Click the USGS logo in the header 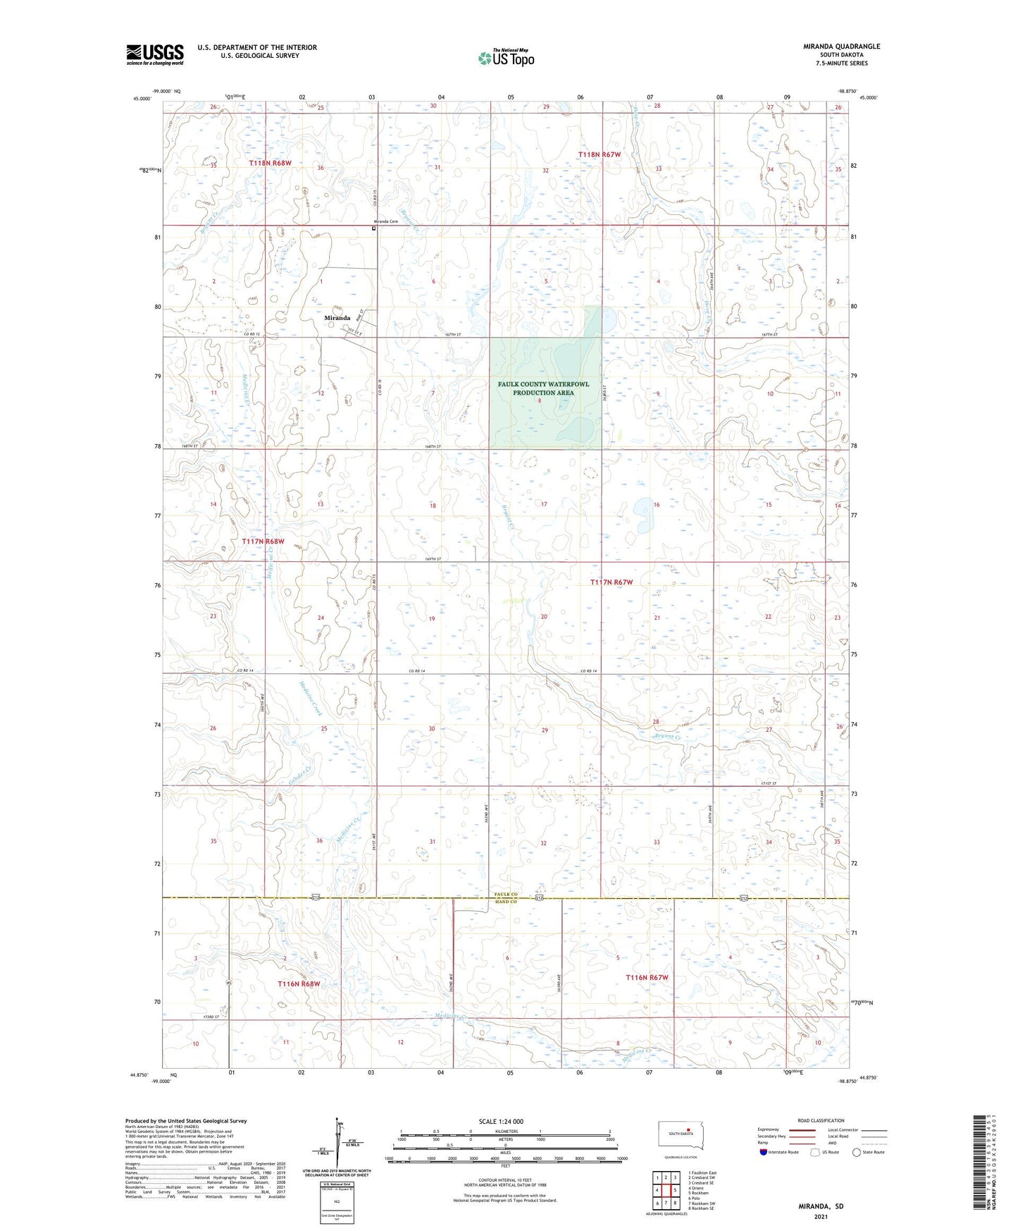(x=155, y=54)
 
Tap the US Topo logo (x=505, y=58)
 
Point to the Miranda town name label (x=337, y=318)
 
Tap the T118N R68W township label (x=270, y=164)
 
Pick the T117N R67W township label (x=612, y=582)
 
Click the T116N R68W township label (x=299, y=984)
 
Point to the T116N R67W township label (x=647, y=978)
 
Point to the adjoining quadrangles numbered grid (x=666, y=1191)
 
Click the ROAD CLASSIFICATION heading (x=821, y=1120)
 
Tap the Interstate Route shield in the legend (x=764, y=1153)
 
